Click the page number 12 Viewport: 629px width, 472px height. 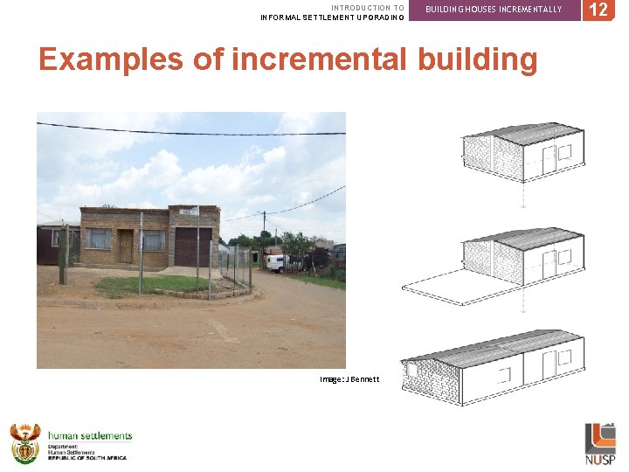pyautogui.click(x=598, y=10)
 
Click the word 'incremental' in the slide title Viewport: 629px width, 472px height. pyautogui.click(x=321, y=59)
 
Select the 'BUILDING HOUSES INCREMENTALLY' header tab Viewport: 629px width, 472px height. pyautogui.click(x=494, y=9)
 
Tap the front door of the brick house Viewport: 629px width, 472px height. pyautogui.click(x=126, y=246)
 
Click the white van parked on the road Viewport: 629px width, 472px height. pyautogui.click(x=276, y=262)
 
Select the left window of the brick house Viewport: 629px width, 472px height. pyautogui.click(x=98, y=239)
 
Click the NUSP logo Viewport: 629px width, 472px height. pyautogui.click(x=600, y=443)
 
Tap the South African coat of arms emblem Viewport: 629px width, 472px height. pyautogui.click(x=24, y=442)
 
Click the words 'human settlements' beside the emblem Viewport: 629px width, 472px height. pyautogui.click(x=90, y=435)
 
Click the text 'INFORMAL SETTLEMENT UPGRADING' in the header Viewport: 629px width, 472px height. pyautogui.click(x=332, y=17)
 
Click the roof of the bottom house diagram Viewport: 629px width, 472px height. pyautogui.click(x=489, y=346)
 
